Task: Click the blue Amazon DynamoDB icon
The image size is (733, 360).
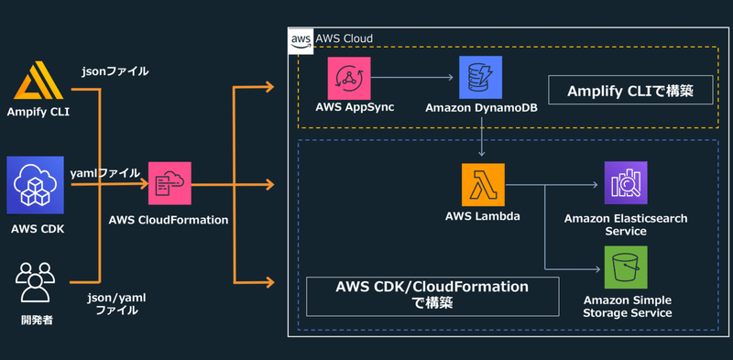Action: click(480, 77)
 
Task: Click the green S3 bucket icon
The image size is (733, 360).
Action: click(626, 267)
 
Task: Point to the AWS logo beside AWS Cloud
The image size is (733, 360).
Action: click(301, 39)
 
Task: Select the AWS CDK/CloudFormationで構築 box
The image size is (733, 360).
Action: click(432, 295)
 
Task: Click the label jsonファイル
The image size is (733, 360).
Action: click(115, 71)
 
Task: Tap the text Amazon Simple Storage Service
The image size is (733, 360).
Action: click(626, 306)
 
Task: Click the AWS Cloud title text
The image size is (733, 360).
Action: click(344, 39)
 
